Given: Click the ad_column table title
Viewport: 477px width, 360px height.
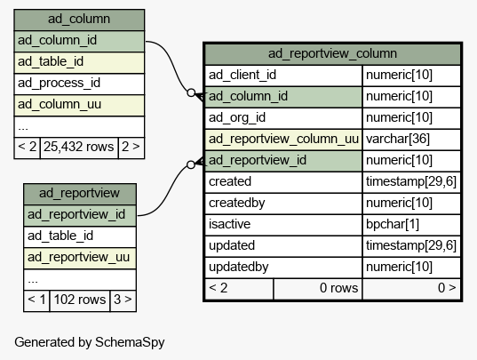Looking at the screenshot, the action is (79, 20).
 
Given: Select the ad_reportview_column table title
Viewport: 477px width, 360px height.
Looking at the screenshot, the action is (332, 54).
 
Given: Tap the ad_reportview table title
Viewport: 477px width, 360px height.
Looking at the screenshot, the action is (79, 193).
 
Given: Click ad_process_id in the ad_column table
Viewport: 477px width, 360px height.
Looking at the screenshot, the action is (59, 83).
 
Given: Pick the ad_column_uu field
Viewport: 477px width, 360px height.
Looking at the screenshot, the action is (60, 104).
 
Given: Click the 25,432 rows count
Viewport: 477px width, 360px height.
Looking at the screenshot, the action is (79, 147).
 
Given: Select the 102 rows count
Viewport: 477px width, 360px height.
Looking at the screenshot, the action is (80, 300).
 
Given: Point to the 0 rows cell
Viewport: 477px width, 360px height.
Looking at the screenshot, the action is (338, 288).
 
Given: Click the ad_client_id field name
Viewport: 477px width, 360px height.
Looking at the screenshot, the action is (242, 76).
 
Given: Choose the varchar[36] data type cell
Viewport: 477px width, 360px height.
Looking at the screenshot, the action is (398, 139).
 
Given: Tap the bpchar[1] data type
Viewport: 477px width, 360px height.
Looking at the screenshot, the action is (393, 224).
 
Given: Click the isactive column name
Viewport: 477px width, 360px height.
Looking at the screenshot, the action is (229, 224).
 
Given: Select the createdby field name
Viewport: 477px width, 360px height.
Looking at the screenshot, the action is (236, 203).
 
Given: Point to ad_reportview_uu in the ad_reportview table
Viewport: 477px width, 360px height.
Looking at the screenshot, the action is (78, 257).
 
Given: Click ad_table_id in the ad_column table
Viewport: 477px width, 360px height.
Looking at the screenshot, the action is (51, 61).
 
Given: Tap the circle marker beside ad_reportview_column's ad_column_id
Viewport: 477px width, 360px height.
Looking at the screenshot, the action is (191, 92).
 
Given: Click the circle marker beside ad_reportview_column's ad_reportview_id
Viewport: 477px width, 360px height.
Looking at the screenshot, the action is (191, 164).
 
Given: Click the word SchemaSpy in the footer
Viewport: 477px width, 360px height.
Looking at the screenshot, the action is (130, 342).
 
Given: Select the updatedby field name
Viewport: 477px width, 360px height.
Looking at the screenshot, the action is (238, 267).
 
